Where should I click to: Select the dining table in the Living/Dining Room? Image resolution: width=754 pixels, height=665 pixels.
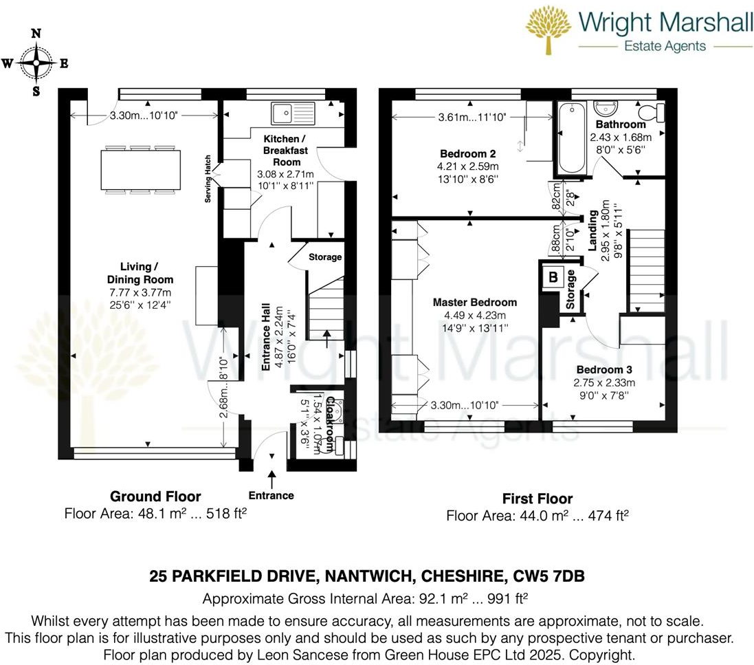point(143,168)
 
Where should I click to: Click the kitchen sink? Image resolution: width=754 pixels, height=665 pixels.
point(292,112)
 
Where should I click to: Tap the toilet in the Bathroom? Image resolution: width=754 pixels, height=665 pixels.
point(649,111)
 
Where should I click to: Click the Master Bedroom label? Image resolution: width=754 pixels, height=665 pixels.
point(474,303)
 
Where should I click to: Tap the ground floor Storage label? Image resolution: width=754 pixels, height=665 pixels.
point(324,257)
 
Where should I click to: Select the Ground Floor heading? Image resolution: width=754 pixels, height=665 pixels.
point(155,497)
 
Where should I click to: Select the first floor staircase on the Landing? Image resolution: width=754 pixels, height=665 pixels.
point(647,270)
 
